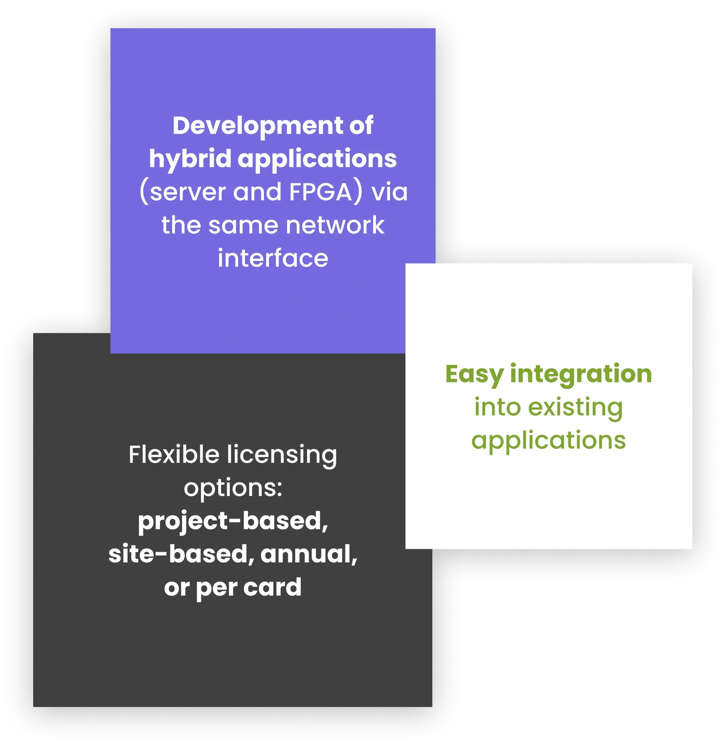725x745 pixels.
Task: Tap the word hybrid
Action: [190, 158]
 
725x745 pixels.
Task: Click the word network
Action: [335, 225]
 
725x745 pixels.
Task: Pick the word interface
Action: [273, 258]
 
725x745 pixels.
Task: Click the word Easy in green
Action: [474, 375]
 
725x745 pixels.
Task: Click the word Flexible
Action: [174, 455]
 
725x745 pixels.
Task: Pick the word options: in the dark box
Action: [233, 488]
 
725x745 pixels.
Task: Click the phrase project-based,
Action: [233, 521]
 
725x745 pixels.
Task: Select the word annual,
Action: [309, 554]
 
